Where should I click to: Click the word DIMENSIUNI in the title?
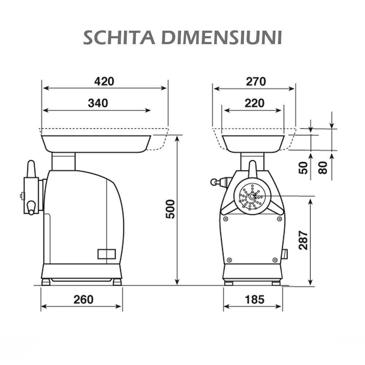(222, 38)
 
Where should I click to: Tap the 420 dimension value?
(104, 81)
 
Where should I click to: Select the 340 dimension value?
(98, 103)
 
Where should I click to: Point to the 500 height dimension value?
(170, 209)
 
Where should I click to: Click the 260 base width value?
(83, 299)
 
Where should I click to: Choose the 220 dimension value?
(254, 103)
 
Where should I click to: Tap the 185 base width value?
(254, 299)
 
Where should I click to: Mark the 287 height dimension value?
(303, 240)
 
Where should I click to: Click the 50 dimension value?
(304, 168)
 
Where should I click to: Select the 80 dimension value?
(323, 168)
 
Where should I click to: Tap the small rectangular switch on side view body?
(106, 254)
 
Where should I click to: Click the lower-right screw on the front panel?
(275, 260)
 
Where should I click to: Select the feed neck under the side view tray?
(64, 161)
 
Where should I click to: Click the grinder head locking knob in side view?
(31, 169)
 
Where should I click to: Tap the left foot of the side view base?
(46, 282)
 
